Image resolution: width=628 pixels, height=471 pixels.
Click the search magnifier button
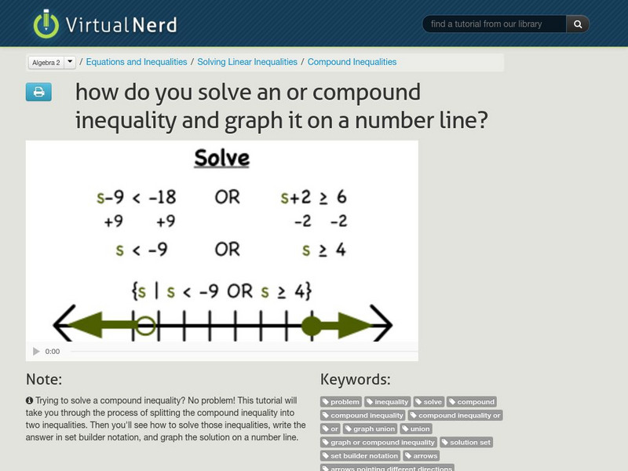[x=578, y=24]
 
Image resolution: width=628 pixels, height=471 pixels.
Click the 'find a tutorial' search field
[x=495, y=24]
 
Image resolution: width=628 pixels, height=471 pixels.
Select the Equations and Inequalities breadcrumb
[x=137, y=62]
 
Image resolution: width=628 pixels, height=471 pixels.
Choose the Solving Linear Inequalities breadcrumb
[x=247, y=62]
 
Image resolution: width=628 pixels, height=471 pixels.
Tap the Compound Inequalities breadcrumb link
[x=352, y=62]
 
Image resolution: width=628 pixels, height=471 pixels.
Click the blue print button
[x=38, y=93]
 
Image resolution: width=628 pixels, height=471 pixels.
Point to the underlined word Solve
[x=221, y=159]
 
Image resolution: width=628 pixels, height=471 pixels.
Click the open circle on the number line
[x=146, y=325]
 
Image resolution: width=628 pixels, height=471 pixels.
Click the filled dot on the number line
[x=312, y=325]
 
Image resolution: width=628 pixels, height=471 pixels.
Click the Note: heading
[x=44, y=380]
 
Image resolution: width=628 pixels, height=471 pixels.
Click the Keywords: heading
[x=355, y=380]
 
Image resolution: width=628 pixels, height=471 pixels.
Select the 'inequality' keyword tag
[x=388, y=402]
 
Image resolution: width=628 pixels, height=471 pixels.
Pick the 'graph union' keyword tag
[x=371, y=429]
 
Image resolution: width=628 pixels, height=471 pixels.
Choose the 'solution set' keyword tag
[x=466, y=442]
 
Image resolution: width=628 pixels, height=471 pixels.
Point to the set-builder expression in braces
[x=222, y=291]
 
